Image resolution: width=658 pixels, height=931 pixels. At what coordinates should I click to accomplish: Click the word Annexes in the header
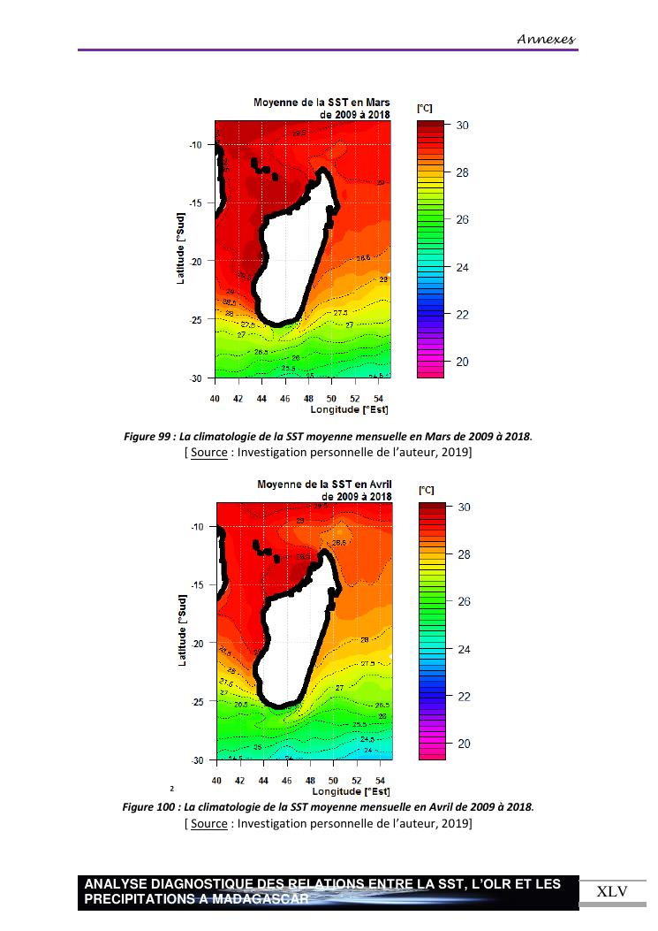546,39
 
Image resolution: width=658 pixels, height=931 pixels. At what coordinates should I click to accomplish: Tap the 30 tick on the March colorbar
462,126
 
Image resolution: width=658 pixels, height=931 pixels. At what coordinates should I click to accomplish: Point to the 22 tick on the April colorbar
462,697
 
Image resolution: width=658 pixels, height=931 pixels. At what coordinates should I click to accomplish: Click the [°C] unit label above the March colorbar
425,108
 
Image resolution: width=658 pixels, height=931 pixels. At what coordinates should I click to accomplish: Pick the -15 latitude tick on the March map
196,203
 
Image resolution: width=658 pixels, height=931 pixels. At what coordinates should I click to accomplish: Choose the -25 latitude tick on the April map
196,702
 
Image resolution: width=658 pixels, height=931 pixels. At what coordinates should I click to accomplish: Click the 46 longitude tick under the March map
285,399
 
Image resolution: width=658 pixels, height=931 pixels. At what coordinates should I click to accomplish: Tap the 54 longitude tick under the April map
379,781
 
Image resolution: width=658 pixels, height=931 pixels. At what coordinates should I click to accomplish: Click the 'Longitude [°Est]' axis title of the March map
350,409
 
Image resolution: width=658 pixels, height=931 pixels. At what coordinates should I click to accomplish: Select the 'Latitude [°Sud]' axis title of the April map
182,630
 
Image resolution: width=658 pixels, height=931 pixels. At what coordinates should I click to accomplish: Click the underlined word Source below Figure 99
208,453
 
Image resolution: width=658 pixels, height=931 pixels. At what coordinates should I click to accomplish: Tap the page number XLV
612,891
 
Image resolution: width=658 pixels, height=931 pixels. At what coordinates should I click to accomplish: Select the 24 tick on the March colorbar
462,267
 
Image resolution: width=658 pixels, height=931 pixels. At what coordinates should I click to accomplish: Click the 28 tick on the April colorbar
462,555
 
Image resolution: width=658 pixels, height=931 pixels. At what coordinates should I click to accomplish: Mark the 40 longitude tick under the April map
216,781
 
